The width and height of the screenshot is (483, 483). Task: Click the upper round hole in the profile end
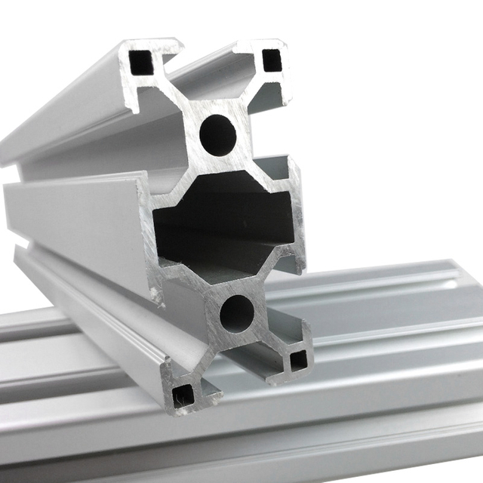(217, 135)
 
